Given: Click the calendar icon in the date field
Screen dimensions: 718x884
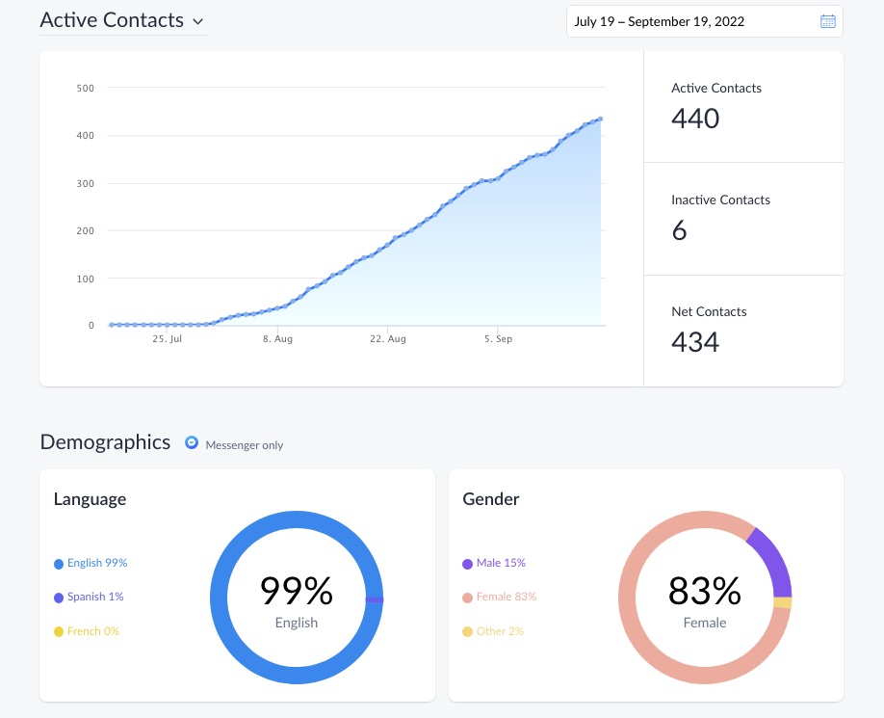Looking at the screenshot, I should pos(827,21).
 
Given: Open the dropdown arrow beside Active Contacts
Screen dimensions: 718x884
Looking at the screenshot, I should pos(197,21).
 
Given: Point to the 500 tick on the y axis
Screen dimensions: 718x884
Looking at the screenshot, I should pos(86,89).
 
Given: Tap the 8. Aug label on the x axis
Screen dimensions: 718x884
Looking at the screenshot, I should pos(277,339).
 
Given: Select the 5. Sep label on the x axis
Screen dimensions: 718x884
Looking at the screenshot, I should pos(498,339).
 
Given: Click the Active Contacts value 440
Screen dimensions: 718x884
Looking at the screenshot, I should pos(695,119).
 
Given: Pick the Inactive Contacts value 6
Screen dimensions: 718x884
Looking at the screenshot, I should pos(679,230).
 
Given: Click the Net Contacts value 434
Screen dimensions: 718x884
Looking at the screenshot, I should pos(695,342).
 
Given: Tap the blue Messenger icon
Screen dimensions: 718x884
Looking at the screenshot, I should pos(193,443).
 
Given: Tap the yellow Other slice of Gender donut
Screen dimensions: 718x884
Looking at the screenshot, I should pos(782,603).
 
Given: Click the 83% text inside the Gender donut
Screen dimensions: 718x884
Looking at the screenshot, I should pos(705,590).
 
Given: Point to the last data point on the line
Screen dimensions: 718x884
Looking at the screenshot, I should pos(600,119).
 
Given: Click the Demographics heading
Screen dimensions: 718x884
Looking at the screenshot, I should pos(105,442).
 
